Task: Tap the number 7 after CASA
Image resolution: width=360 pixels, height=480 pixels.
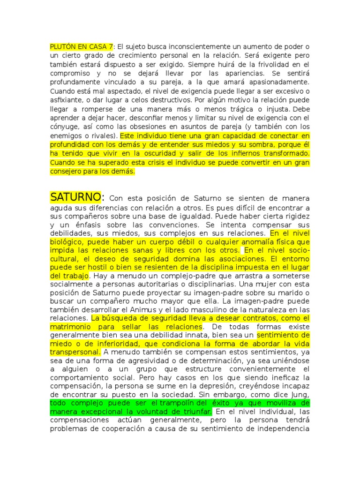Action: [111, 47]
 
